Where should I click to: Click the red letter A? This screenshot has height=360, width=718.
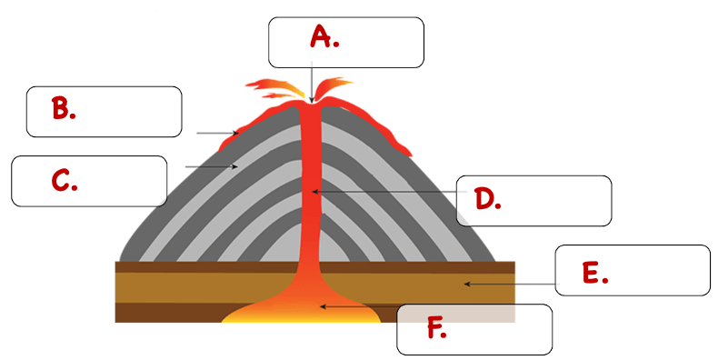click(321, 36)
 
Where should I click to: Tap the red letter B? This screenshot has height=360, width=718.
click(60, 108)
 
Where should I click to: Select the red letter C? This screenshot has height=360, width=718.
click(62, 180)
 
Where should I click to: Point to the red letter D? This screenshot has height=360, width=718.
click(484, 199)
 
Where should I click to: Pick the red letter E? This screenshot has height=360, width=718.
click(592, 273)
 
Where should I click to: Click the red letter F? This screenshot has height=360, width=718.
click(434, 327)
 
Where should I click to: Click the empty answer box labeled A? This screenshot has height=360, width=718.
click(346, 43)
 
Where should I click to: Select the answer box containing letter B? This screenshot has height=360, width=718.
click(104, 112)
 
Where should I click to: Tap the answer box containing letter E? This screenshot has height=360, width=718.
click(633, 270)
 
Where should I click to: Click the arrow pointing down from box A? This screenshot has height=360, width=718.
click(312, 83)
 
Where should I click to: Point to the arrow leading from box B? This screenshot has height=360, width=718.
click(217, 133)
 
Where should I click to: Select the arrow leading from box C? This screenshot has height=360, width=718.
click(211, 166)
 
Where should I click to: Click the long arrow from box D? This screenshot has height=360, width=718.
click(389, 192)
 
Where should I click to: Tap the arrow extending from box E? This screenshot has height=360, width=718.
click(512, 284)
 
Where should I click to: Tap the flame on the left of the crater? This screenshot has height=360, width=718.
click(274, 88)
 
